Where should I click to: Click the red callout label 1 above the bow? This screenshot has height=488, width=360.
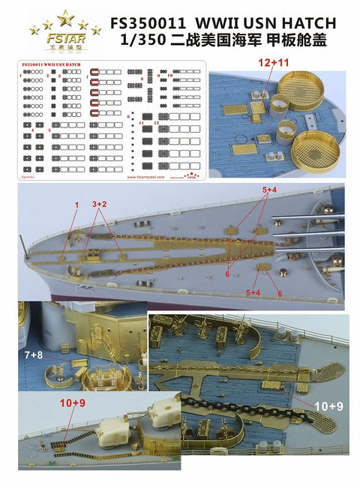click(76, 204)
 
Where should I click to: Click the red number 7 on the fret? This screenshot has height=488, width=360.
click(88, 76)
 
